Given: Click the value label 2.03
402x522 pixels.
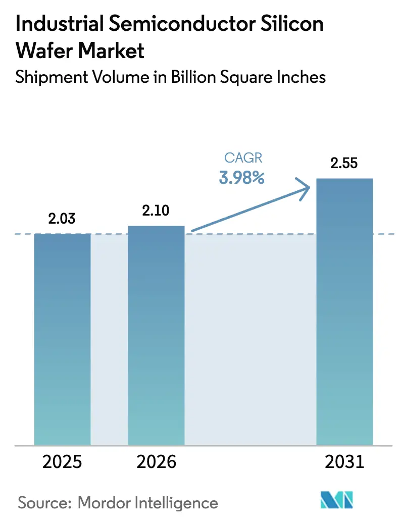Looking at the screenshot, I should pyautogui.click(x=62, y=219).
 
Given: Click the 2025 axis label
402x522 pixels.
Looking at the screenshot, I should pyautogui.click(x=62, y=462).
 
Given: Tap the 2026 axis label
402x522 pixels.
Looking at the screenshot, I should pyautogui.click(x=156, y=462).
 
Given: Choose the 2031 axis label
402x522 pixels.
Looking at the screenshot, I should pyautogui.click(x=344, y=462).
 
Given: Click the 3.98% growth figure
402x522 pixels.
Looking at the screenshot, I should pyautogui.click(x=241, y=178).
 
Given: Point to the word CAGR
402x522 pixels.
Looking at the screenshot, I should pyautogui.click(x=243, y=158).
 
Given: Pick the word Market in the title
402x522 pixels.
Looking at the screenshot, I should pyautogui.click(x=114, y=50).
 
